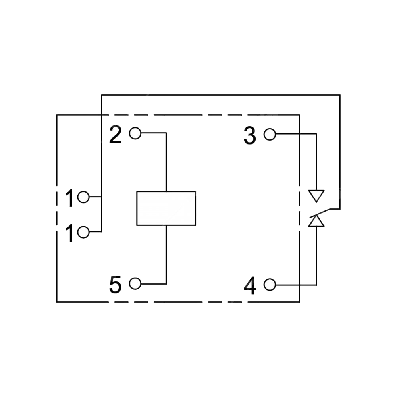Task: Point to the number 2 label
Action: click(x=116, y=135)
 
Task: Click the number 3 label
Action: click(x=250, y=135)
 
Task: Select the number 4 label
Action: click(x=250, y=286)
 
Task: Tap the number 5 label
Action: click(x=115, y=285)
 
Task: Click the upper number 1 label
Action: click(x=69, y=198)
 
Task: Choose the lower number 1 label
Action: click(x=69, y=233)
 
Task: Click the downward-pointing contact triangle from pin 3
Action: click(x=316, y=195)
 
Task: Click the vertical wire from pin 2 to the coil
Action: click(x=166, y=162)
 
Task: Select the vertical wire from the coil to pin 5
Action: click(x=166, y=255)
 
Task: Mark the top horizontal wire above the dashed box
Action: click(x=221, y=95)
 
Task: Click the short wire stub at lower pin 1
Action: click(x=95, y=232)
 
